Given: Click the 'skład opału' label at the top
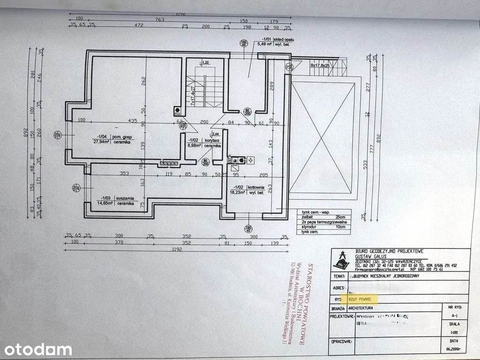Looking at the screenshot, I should (x=276, y=39).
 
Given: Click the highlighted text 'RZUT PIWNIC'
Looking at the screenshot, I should (x=360, y=298).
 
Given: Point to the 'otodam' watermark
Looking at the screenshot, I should (x=36, y=349).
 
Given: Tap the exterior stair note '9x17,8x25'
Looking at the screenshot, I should (x=320, y=66).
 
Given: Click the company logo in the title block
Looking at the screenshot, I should (x=344, y=261).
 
